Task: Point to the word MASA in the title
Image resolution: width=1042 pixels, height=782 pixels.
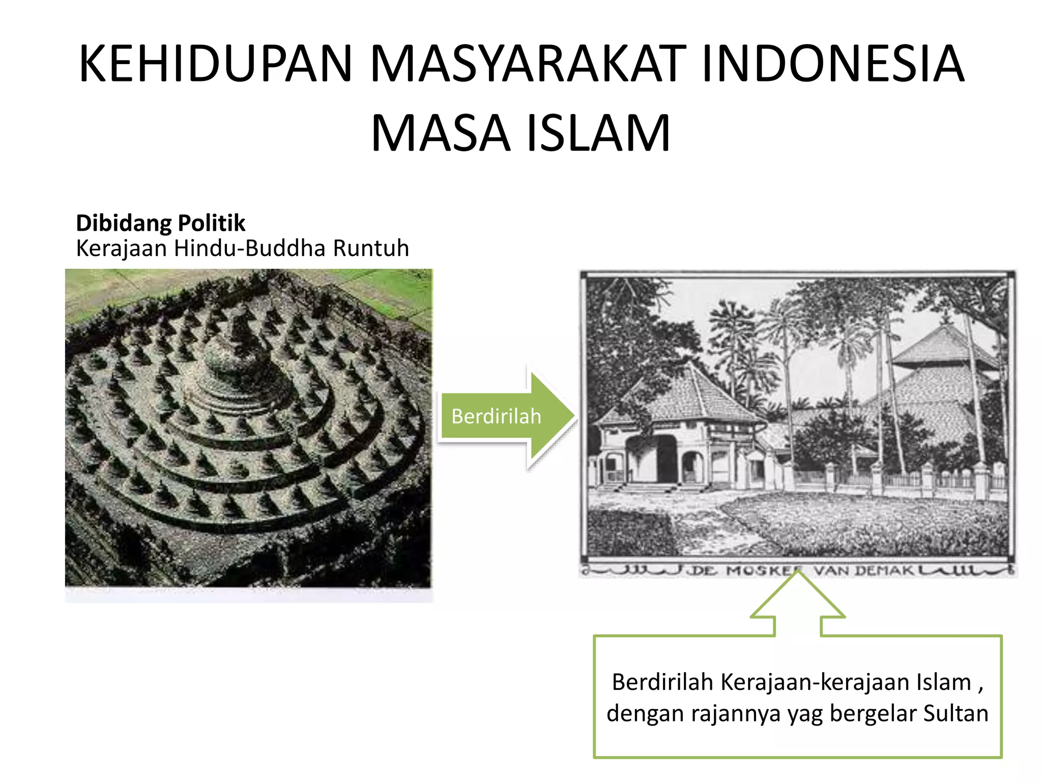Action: click(441, 134)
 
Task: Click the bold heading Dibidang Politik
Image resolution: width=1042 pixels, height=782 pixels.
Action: click(160, 223)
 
